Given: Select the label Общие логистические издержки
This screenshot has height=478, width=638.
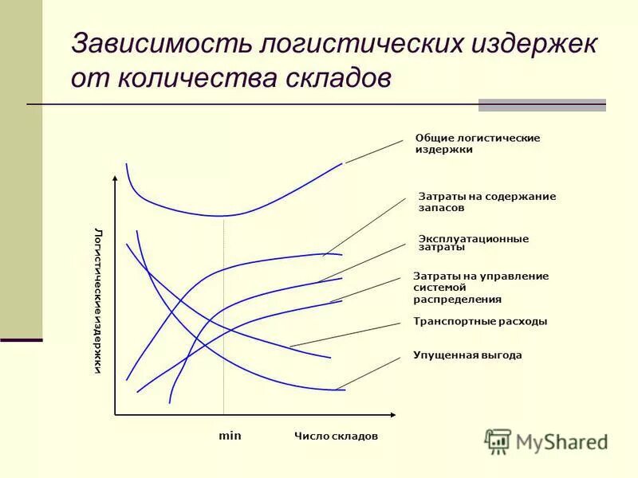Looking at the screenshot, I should click(x=477, y=143).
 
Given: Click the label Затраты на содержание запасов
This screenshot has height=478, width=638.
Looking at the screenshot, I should click(x=486, y=202).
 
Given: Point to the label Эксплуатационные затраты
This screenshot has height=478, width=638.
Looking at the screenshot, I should click(x=473, y=243).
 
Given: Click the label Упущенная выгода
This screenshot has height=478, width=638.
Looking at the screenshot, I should click(x=467, y=355).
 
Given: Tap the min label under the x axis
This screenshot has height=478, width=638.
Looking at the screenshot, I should click(x=230, y=437).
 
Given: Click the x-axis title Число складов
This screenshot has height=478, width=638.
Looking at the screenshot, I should click(x=335, y=437).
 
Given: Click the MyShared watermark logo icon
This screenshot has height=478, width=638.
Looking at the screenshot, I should click(x=498, y=441).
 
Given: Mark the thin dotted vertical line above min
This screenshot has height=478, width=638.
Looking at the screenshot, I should click(x=224, y=319).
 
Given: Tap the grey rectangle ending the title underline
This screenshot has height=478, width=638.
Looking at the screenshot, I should click(x=542, y=104).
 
